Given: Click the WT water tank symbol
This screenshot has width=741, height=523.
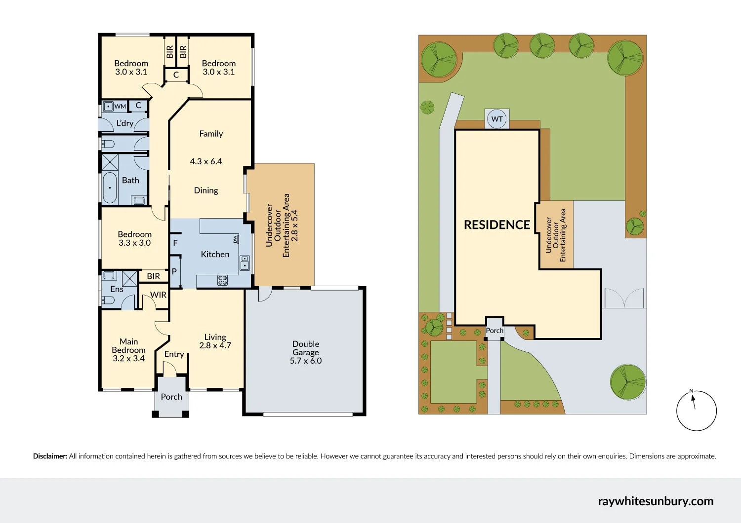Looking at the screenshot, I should click(x=497, y=119).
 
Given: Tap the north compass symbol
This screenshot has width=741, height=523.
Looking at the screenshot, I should click(x=696, y=411).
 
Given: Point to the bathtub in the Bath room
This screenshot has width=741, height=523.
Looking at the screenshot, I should click(x=110, y=187).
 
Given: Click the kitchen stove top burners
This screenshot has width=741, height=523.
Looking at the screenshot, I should click(x=223, y=280).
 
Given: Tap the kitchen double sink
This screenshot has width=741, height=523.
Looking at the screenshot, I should click(x=245, y=263).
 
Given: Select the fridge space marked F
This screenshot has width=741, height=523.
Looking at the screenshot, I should click(x=175, y=243).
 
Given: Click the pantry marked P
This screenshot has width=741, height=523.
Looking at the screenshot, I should click(x=174, y=271).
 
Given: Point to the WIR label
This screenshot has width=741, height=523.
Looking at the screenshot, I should click(x=158, y=295).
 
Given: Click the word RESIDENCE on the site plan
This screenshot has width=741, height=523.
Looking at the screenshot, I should click(x=497, y=225).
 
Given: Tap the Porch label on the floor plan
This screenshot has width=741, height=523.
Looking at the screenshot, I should click(x=171, y=397).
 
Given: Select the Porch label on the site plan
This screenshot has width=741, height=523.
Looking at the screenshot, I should click(x=494, y=331).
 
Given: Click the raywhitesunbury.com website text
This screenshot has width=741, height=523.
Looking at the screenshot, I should click(x=656, y=501).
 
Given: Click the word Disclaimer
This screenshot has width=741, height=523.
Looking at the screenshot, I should click(x=50, y=456).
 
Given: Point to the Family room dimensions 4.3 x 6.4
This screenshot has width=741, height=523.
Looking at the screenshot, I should click(x=206, y=161).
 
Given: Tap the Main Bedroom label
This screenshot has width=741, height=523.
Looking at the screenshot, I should click(x=128, y=346).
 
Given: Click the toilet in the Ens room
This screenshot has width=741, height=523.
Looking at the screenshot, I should click(x=109, y=300).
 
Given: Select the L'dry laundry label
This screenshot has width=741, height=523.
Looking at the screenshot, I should click(x=125, y=123).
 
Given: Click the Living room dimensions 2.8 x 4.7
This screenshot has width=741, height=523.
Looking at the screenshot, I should click(x=215, y=345).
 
